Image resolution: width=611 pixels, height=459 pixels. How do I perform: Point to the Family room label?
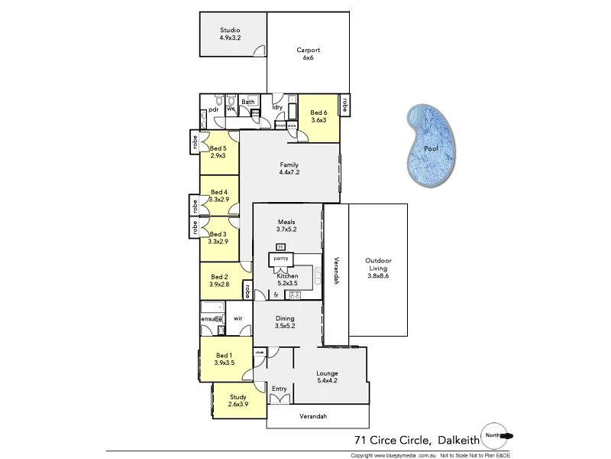point(289,164)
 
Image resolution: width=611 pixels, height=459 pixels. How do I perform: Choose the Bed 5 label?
point(218,148)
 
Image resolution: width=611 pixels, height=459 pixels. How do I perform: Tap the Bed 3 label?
point(218,234)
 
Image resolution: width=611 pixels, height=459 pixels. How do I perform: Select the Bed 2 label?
point(219,276)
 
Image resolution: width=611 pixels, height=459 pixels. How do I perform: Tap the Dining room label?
point(285,318)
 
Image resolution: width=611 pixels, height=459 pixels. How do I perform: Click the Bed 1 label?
point(223,355)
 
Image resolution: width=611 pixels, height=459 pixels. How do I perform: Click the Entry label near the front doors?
point(279,389)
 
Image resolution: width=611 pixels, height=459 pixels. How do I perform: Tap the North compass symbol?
point(495,435)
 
